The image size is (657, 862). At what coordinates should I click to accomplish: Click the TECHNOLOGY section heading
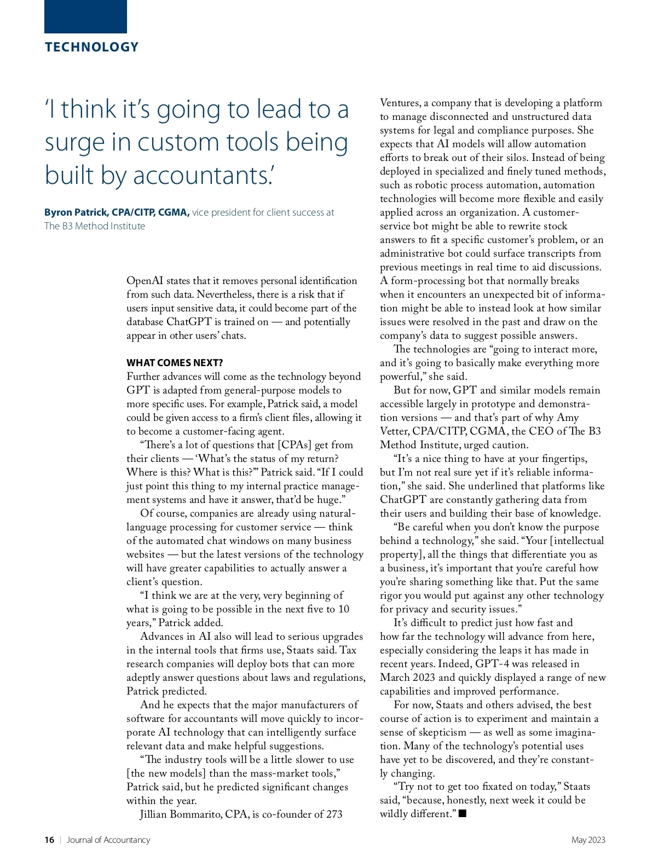click(x=91, y=47)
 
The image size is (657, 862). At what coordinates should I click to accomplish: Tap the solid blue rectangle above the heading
click(x=85, y=16)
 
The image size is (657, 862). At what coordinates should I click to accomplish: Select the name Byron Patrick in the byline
click(x=76, y=212)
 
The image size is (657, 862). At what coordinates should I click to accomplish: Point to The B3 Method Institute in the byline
click(x=95, y=226)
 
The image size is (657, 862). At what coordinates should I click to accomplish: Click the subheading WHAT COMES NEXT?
click(x=175, y=363)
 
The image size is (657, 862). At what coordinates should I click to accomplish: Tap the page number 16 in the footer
click(x=49, y=840)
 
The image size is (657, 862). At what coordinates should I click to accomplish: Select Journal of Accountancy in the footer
click(x=108, y=840)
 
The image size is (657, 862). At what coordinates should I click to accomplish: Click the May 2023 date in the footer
click(x=588, y=840)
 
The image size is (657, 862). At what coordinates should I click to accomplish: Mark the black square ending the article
click(x=463, y=813)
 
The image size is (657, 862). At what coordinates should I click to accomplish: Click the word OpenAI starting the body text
click(x=145, y=281)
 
